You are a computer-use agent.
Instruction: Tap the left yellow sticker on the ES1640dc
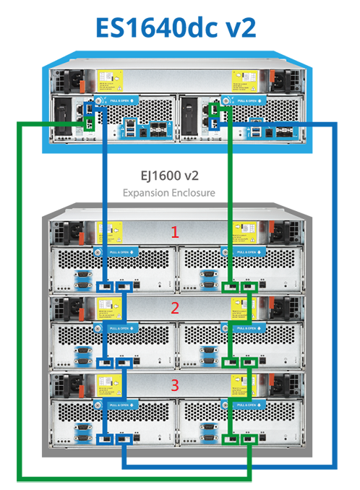point(106,79)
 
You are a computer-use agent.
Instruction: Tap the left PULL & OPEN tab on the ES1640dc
point(116,101)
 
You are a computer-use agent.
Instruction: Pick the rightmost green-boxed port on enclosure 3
point(250,438)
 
